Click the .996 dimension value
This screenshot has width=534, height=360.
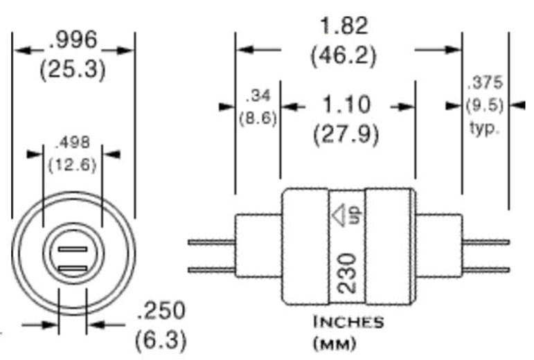(x=73, y=40)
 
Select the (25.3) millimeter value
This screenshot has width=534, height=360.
(x=73, y=70)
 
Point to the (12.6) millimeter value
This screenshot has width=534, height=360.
(x=72, y=165)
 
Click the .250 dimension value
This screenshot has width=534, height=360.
(x=161, y=312)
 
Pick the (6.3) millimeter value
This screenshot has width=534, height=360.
(x=161, y=340)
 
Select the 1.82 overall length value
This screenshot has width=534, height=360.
(x=344, y=26)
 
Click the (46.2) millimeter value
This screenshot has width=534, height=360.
(x=344, y=55)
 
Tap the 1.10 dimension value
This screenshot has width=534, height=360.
(x=346, y=105)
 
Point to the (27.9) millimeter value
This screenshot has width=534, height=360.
(x=346, y=134)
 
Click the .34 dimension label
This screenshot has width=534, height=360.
(x=258, y=96)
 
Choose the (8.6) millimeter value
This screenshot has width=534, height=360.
(x=258, y=118)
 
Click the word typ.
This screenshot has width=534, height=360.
(x=484, y=128)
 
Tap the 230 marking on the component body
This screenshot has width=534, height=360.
(x=348, y=273)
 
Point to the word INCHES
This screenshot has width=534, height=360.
(x=348, y=323)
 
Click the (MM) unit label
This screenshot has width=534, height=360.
(x=335, y=343)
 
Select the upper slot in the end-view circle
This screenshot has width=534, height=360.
(x=72, y=249)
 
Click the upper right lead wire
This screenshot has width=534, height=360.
(x=485, y=242)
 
